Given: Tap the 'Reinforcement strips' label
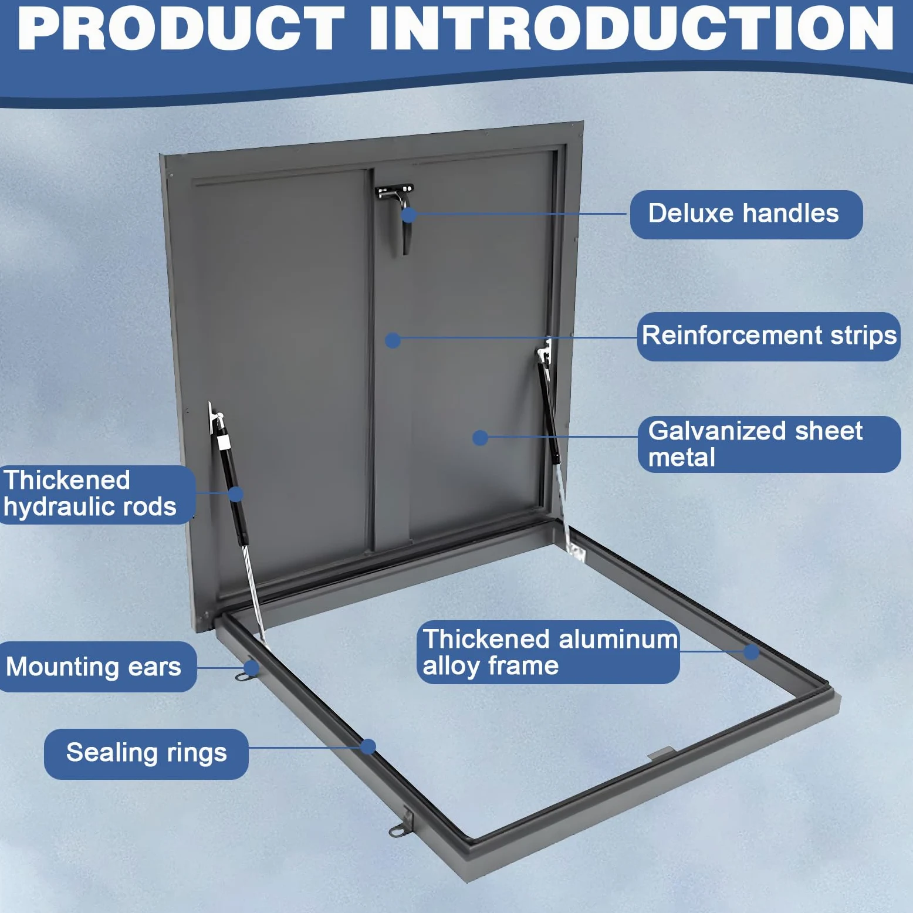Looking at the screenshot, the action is point(769,336).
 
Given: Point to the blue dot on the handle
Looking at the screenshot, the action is point(409,215).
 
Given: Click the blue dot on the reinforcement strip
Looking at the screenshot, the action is point(393,340).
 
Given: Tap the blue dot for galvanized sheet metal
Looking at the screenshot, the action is point(480,438).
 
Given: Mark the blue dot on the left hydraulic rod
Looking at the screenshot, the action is point(235,494).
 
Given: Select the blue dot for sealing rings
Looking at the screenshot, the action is point(368,746).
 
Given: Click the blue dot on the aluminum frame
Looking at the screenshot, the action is point(751,652).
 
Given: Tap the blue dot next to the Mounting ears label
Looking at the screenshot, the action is point(251,668).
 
